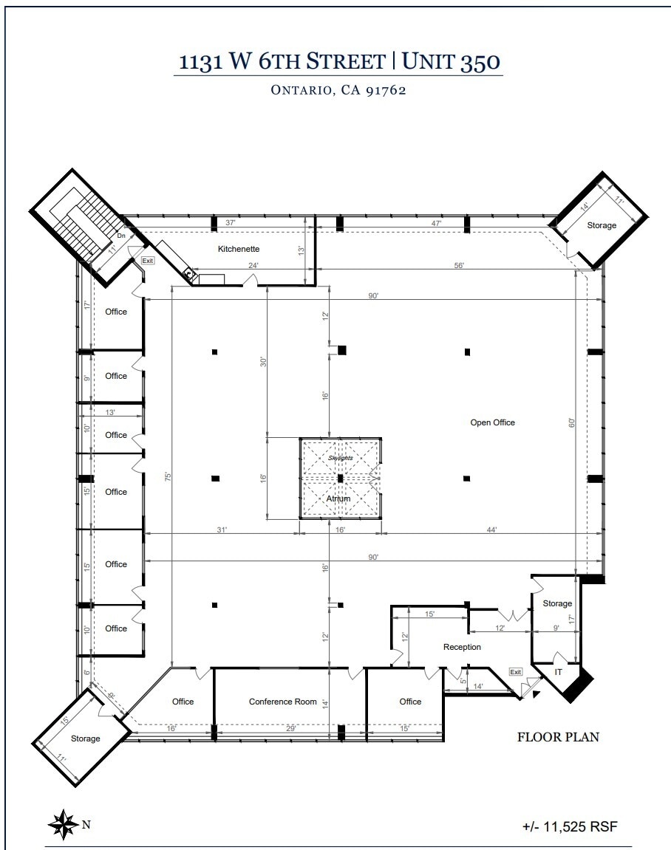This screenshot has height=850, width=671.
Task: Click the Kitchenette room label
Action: pyautogui.click(x=239, y=249)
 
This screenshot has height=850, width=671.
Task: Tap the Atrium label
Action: pyautogui.click(x=338, y=498)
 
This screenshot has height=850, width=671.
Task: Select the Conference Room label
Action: pyautogui.click(x=283, y=702)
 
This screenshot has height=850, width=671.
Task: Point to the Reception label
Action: pyautogui.click(x=462, y=647)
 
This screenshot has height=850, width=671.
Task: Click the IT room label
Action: pyautogui.click(x=559, y=672)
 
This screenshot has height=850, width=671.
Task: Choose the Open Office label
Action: pyautogui.click(x=493, y=422)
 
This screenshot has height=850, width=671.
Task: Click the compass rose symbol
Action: pyautogui.click(x=63, y=824)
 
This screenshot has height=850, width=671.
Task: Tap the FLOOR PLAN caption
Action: pyautogui.click(x=558, y=736)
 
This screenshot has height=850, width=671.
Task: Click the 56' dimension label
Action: pyautogui.click(x=459, y=266)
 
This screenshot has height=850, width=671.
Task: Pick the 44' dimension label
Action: pyautogui.click(x=491, y=529)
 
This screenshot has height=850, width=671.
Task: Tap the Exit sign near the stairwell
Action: pyautogui.click(x=148, y=260)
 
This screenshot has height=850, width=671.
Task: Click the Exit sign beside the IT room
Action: pyautogui.click(x=515, y=671)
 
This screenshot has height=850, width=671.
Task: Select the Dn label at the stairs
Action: pyautogui.click(x=121, y=236)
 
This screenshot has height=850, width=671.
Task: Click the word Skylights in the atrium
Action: pyautogui.click(x=341, y=458)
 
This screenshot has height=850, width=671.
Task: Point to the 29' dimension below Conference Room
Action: pyautogui.click(x=291, y=729)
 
